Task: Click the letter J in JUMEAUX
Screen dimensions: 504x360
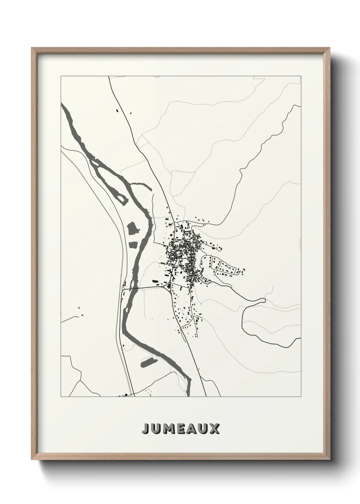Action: [146, 429]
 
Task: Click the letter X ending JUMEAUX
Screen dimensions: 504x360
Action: [215, 429]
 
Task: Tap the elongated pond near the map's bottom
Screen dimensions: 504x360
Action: [148, 362]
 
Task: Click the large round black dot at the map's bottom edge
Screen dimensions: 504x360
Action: [126, 395]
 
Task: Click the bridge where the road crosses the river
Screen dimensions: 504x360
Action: [130, 288]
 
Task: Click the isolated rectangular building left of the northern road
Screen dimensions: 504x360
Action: [118, 111]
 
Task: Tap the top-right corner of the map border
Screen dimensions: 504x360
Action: [300, 76]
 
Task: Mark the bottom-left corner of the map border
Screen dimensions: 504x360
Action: [61, 397]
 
